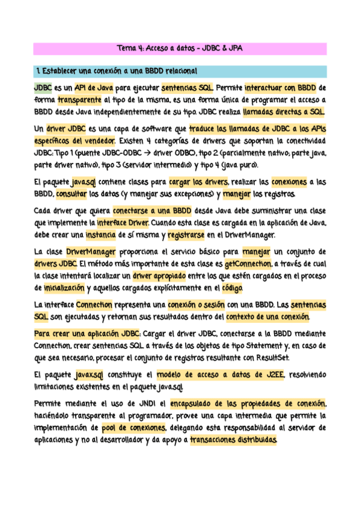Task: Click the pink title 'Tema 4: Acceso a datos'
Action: (x=180, y=48)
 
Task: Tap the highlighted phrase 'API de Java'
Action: (x=94, y=88)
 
